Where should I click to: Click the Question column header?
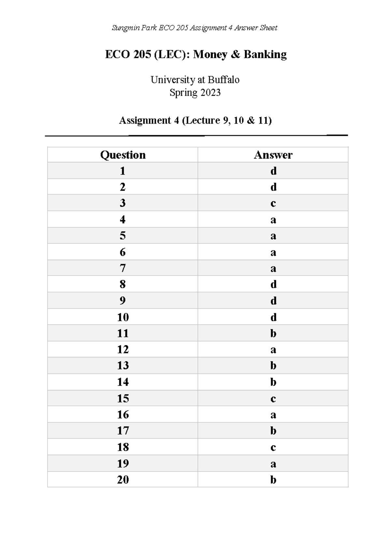coord(123,155)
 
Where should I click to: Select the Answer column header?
coord(273,155)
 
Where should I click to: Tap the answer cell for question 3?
coord(273,203)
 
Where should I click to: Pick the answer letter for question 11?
coord(273,333)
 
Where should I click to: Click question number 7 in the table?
coord(123,268)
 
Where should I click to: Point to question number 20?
coord(123,479)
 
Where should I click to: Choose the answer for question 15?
coord(273,399)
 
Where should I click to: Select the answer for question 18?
coord(273,448)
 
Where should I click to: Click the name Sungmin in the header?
coord(124,28)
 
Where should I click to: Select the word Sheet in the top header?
coord(268,28)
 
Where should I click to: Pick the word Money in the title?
coord(210,54)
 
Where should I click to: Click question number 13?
coord(123,366)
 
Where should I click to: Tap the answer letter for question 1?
coord(273,171)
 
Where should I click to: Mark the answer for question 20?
coord(273,479)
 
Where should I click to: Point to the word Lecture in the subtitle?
coord(202,121)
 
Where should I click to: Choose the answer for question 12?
coord(273,350)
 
